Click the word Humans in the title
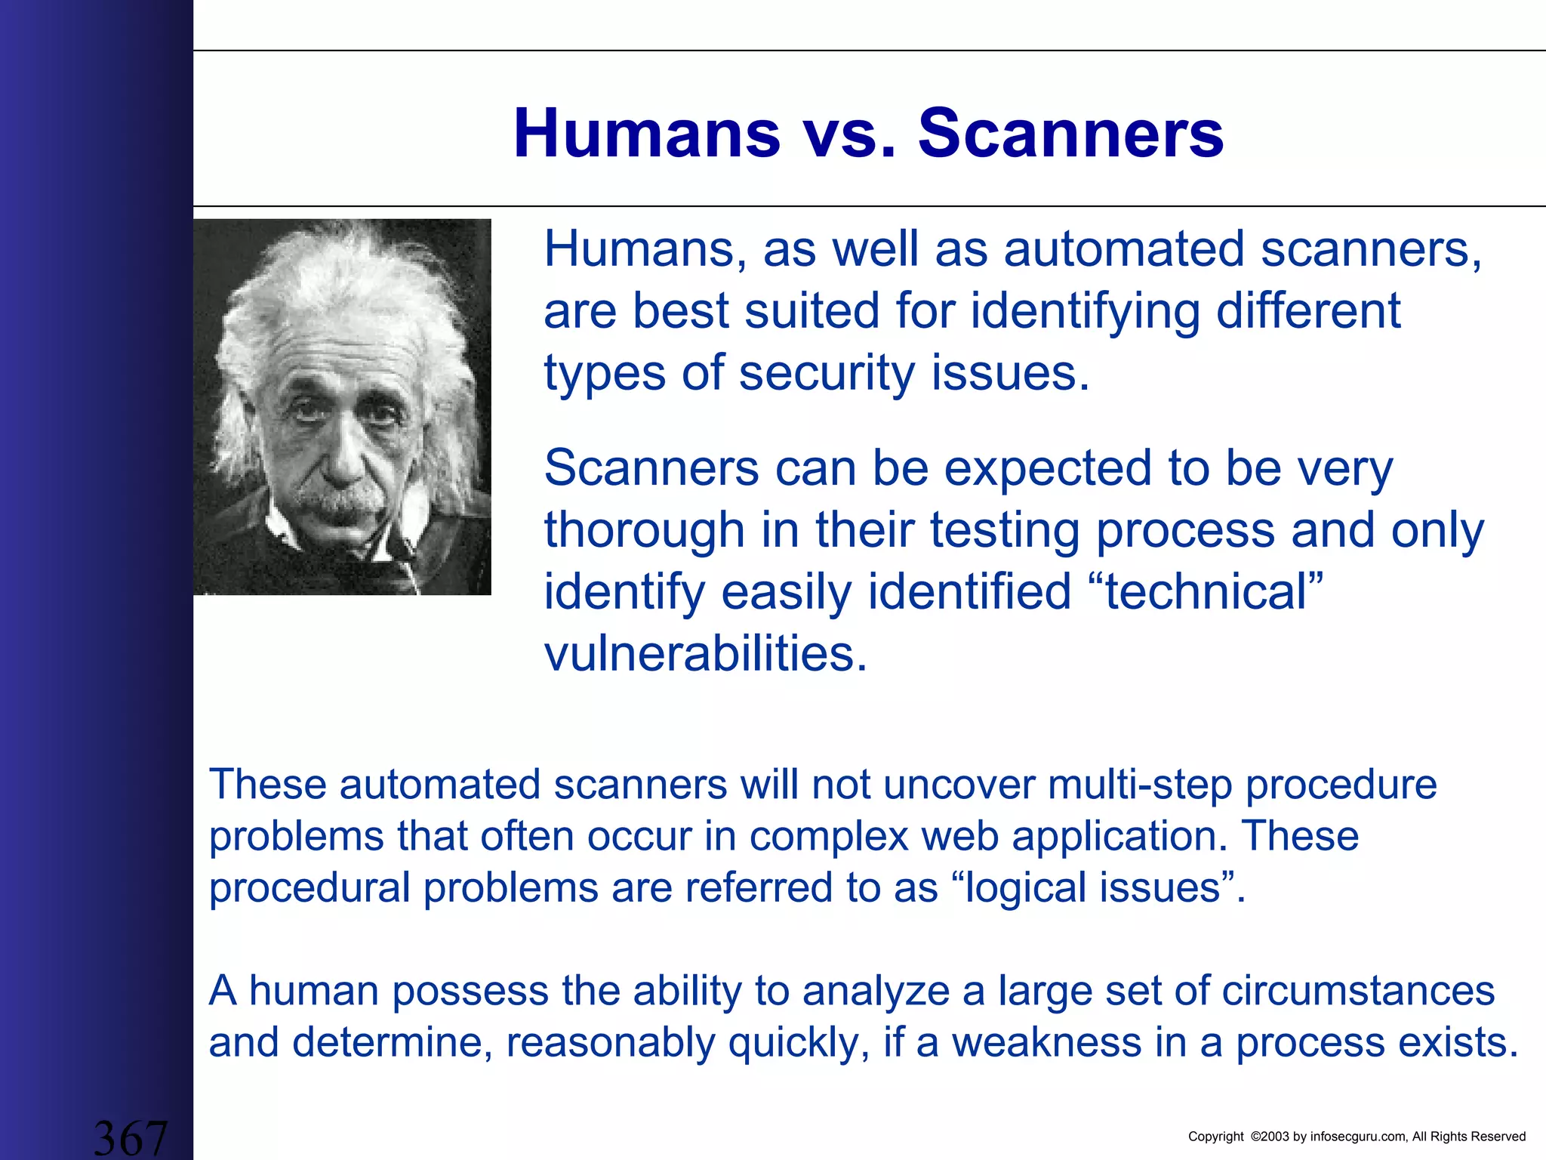click(646, 134)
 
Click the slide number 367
click(130, 1138)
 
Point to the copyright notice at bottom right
click(1357, 1137)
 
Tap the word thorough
click(645, 530)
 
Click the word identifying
click(1085, 311)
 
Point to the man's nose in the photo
click(343, 457)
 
